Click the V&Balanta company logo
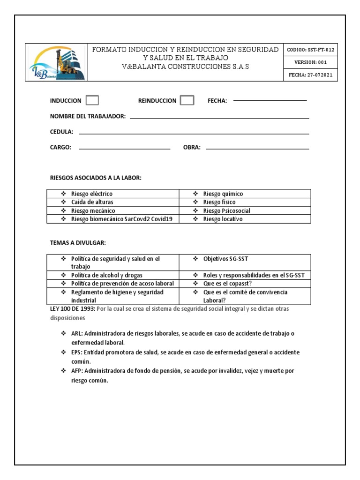click(x=57, y=63)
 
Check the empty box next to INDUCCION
click(x=92, y=100)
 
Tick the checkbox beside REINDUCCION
click(x=187, y=100)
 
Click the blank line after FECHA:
click(x=270, y=100)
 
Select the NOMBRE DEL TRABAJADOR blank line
click(x=219, y=118)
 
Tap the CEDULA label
click(x=61, y=132)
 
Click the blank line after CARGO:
click(x=124, y=149)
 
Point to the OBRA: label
click(x=192, y=147)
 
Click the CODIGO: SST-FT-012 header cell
click(x=310, y=50)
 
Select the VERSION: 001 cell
click(x=310, y=62)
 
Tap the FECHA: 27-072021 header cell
click(x=310, y=75)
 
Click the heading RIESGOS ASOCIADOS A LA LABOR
click(x=96, y=178)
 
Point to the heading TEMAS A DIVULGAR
click(x=78, y=242)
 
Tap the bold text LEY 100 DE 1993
click(x=72, y=309)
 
